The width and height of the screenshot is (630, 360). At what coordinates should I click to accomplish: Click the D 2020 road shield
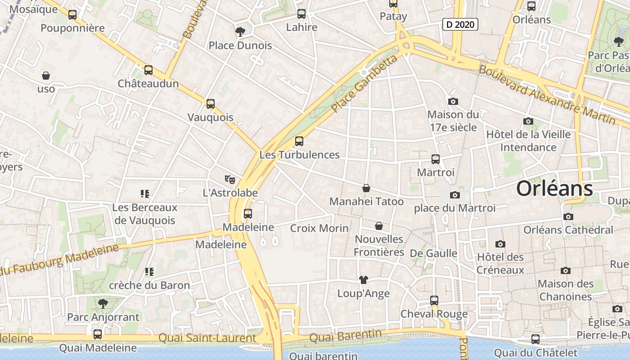459,24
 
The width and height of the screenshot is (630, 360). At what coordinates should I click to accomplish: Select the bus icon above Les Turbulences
299,141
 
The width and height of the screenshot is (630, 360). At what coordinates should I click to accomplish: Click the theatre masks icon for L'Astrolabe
230,180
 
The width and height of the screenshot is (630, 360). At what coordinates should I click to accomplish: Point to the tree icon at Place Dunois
240,31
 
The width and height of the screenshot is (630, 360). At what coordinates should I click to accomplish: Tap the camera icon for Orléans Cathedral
568,216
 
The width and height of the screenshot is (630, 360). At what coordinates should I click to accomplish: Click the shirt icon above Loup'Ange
364,280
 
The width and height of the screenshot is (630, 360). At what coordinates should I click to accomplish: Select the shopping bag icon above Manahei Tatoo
366,188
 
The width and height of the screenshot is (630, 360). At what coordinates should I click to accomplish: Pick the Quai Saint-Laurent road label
207,337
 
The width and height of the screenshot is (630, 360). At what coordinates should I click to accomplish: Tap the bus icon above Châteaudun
148,70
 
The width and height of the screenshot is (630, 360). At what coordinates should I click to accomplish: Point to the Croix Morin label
319,228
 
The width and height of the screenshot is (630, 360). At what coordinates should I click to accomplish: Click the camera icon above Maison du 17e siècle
453,101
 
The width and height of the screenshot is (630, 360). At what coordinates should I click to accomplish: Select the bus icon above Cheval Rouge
434,300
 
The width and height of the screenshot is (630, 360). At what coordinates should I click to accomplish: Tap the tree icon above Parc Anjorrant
103,303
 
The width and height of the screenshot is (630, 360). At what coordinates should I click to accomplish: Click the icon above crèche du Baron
149,272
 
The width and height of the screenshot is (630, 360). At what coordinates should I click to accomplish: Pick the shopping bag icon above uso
45,75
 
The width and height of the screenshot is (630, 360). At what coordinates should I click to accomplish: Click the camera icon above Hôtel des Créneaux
500,244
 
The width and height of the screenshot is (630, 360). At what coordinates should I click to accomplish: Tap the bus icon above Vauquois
210,104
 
